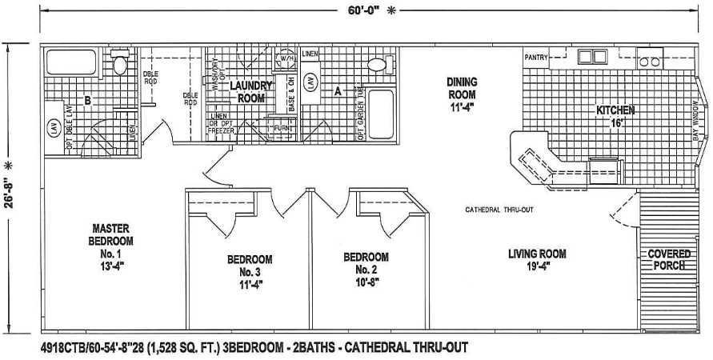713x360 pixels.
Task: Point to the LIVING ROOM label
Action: [537, 260]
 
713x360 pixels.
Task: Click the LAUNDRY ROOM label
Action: [251, 91]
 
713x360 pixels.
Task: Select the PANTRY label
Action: [536, 58]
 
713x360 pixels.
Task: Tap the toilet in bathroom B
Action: [120, 63]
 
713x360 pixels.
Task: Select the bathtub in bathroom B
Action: [71, 62]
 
